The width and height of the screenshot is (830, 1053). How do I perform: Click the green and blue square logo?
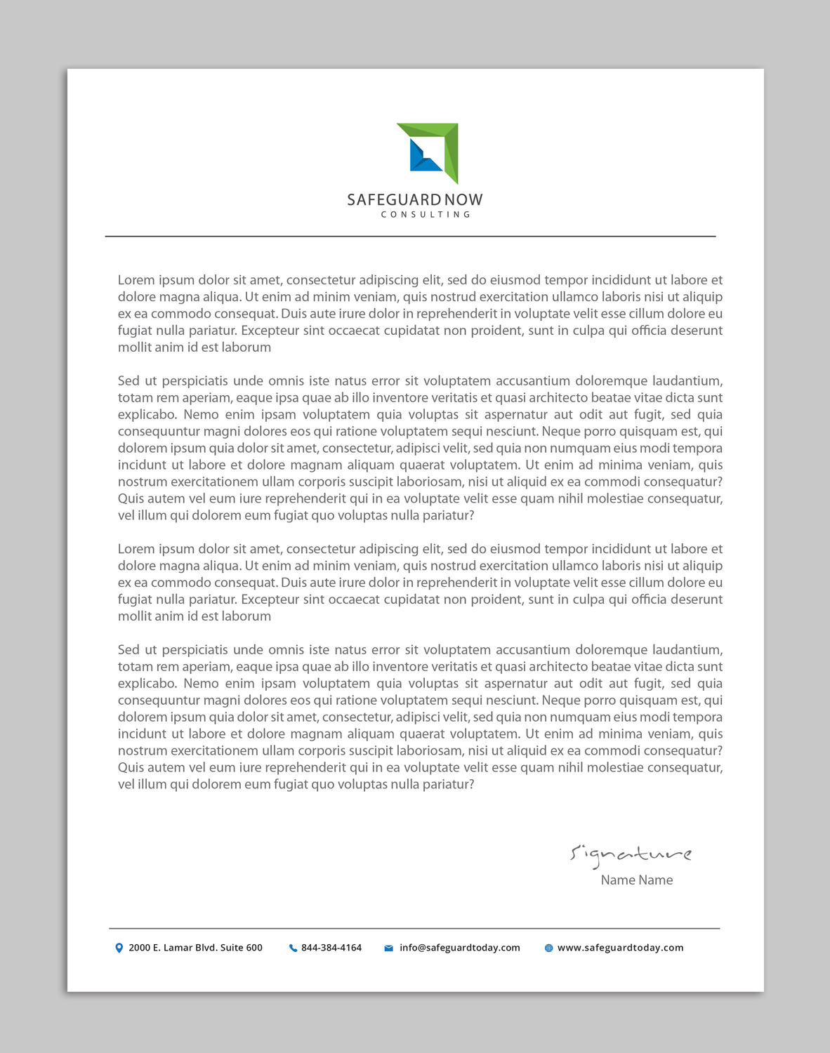tap(428, 152)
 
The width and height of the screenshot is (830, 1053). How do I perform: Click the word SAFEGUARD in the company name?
tap(394, 200)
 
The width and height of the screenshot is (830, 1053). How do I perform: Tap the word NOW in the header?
tap(463, 200)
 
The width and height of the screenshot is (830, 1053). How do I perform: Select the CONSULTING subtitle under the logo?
tap(426, 215)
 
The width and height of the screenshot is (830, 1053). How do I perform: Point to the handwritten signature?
tap(631, 854)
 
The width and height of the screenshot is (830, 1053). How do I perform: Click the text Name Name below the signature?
tap(636, 880)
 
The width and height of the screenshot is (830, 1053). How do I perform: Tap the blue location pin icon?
tap(119, 948)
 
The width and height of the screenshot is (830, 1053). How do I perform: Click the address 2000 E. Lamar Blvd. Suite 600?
tap(195, 948)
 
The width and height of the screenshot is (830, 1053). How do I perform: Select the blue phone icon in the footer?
tap(293, 948)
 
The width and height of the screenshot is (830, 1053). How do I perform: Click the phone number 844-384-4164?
tap(331, 948)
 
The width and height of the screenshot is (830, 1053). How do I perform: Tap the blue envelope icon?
tap(388, 948)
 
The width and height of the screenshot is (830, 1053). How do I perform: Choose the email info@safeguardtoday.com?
tap(460, 948)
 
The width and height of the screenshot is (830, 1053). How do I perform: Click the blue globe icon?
tap(548, 948)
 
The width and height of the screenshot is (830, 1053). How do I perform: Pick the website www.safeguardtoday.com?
tap(620, 948)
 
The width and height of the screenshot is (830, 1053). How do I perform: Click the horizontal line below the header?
tap(410, 237)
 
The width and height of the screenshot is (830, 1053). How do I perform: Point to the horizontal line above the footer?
tap(414, 929)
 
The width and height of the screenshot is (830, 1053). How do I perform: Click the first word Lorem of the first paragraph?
tap(136, 280)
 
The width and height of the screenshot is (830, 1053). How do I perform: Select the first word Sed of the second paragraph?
tap(129, 381)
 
